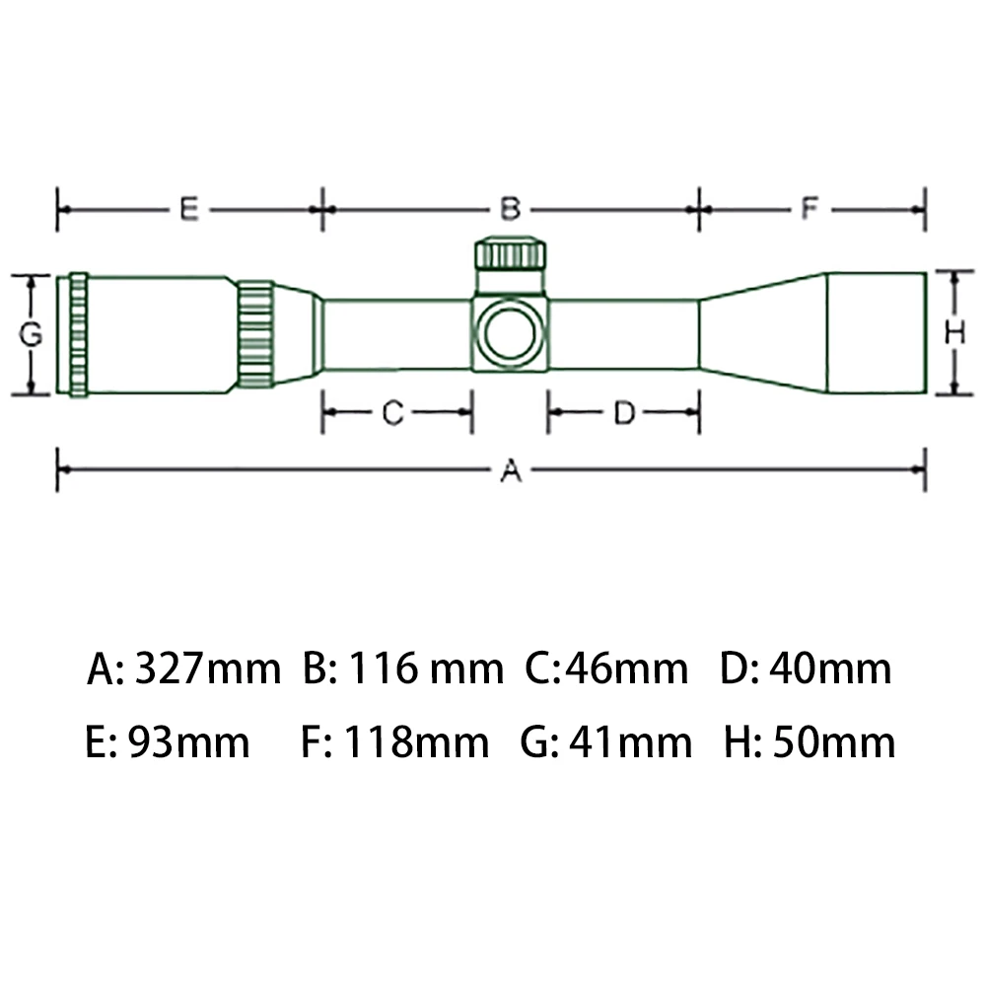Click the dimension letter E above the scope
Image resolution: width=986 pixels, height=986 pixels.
click(189, 209)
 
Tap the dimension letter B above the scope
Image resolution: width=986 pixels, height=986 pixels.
click(510, 209)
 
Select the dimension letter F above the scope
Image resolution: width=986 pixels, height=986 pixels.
click(810, 208)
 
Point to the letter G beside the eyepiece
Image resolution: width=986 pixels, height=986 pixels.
click(31, 334)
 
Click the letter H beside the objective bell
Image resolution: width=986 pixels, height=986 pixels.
click(955, 332)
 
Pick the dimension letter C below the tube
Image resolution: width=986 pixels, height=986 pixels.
click(392, 413)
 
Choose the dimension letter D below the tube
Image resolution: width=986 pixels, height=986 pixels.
click(624, 413)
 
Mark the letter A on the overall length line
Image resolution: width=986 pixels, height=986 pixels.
click(511, 469)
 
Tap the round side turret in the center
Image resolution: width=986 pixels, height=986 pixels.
click(510, 333)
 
